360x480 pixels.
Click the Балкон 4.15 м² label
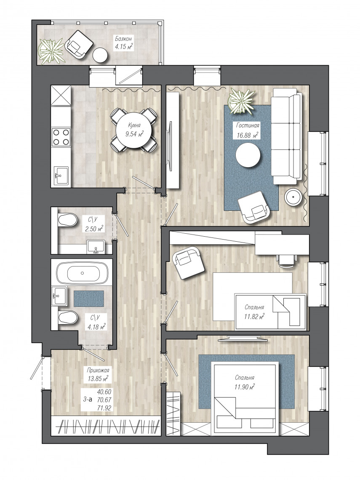124,43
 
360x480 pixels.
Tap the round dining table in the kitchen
134,130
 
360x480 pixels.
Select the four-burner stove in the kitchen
61,137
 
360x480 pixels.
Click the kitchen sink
61,176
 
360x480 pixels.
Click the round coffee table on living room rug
248,155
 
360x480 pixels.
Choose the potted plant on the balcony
51,51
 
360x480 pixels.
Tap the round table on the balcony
100,56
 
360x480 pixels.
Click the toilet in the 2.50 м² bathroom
67,220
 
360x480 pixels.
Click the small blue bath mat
88,299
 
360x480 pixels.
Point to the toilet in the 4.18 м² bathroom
67,318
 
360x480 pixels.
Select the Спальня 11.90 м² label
245,382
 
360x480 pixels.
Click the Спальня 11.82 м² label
254,312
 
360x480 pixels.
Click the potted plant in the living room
242,101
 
